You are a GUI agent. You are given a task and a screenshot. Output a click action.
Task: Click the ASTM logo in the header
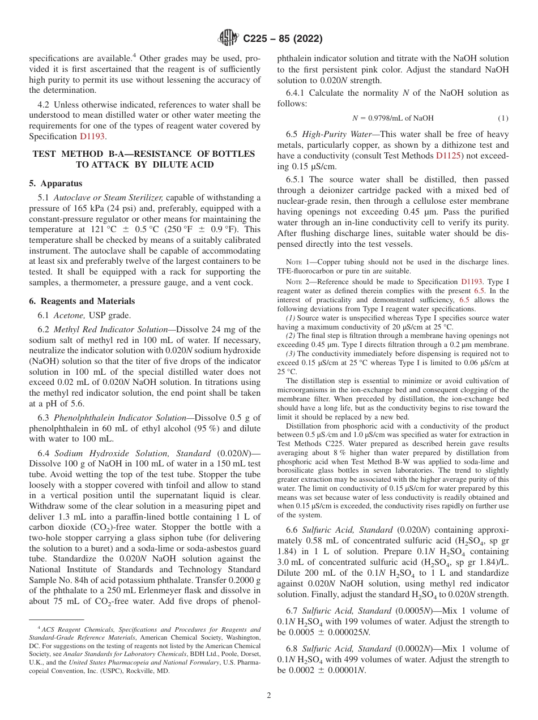point(228,38)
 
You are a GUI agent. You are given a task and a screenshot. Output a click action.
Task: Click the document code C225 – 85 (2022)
point(283,38)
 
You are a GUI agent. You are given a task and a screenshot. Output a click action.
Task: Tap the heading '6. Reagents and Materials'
point(82,301)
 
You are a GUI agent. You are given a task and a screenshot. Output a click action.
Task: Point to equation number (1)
point(503,118)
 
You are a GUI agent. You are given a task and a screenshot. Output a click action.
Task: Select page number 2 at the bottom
point(269,696)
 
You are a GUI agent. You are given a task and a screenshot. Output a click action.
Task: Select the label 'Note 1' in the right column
point(298,261)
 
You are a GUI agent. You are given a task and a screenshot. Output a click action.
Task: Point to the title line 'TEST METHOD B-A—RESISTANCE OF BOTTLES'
point(144,154)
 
